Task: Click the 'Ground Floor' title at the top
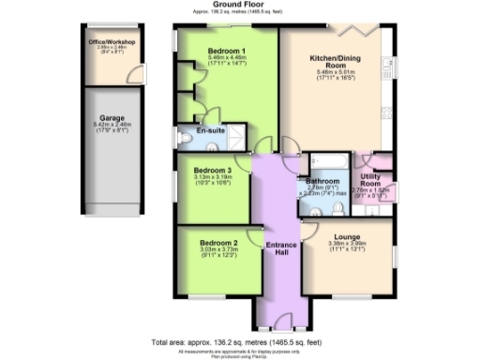coord(240,5)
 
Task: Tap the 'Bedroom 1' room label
coord(226,50)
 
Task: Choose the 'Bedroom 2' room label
coord(217,243)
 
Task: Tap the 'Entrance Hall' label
coord(280,249)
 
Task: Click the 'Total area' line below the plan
coord(240,341)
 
